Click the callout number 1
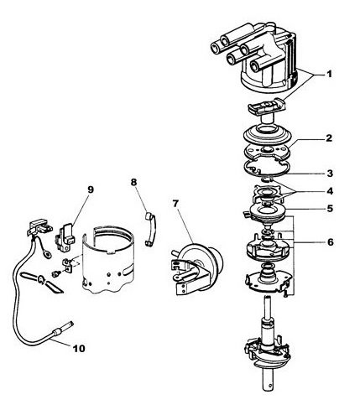329,75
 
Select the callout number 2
329,138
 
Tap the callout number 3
330,174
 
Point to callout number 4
330,191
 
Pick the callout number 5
330,209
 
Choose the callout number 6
331,242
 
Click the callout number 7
175,204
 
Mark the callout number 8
133,182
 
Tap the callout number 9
91,189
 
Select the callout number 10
79,349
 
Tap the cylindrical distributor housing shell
108,258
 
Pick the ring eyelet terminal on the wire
49,255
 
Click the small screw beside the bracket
56,273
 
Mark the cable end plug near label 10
62,329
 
